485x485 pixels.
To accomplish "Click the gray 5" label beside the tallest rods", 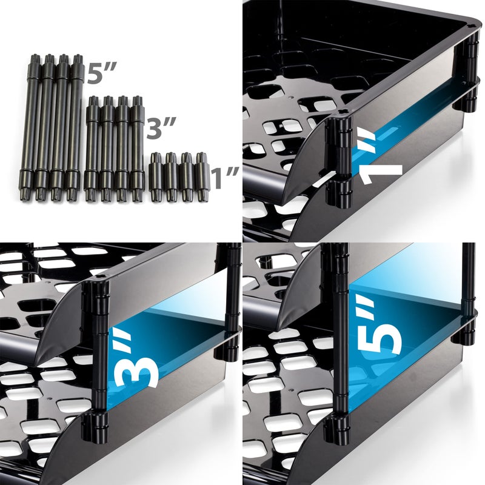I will coord(101,73).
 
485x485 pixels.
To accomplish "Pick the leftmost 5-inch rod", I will coord(34,127).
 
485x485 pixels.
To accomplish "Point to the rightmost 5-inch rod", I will coord(76,127).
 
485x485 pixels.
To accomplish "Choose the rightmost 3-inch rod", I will coord(136,148).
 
